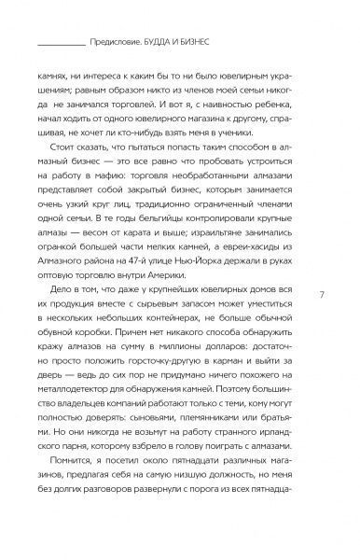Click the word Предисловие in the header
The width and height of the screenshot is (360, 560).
[x=119, y=40]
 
